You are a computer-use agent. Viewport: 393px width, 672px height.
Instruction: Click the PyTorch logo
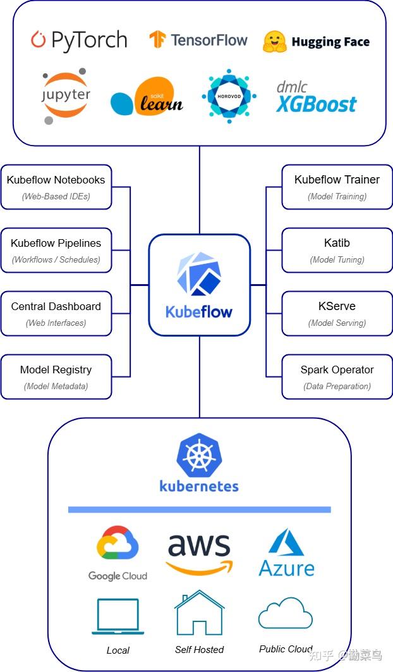[x=78, y=40]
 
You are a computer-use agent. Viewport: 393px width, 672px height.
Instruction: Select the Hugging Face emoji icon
[x=275, y=42]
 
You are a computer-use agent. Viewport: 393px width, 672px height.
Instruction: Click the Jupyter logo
[x=66, y=96]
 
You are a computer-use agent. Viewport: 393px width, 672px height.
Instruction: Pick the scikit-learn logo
[x=147, y=97]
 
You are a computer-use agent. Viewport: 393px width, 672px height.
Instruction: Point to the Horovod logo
[x=229, y=96]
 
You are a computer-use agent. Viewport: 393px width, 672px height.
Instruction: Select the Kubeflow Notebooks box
[x=56, y=187]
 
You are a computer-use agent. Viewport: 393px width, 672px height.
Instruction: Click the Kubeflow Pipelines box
[x=56, y=250]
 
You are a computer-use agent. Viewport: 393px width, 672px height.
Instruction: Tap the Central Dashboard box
[x=56, y=313]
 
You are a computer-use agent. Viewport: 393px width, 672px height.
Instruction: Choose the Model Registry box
[x=56, y=376]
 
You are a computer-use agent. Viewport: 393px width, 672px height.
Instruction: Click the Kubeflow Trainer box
[x=337, y=187]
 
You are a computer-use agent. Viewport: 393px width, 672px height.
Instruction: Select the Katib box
[x=337, y=250]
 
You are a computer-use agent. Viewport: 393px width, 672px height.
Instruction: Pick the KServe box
[x=337, y=313]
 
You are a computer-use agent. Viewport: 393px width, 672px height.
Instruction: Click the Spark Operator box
[x=337, y=376]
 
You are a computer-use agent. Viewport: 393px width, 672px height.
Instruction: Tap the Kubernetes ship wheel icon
[x=199, y=455]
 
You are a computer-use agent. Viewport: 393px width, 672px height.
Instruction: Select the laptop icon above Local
[x=118, y=616]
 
